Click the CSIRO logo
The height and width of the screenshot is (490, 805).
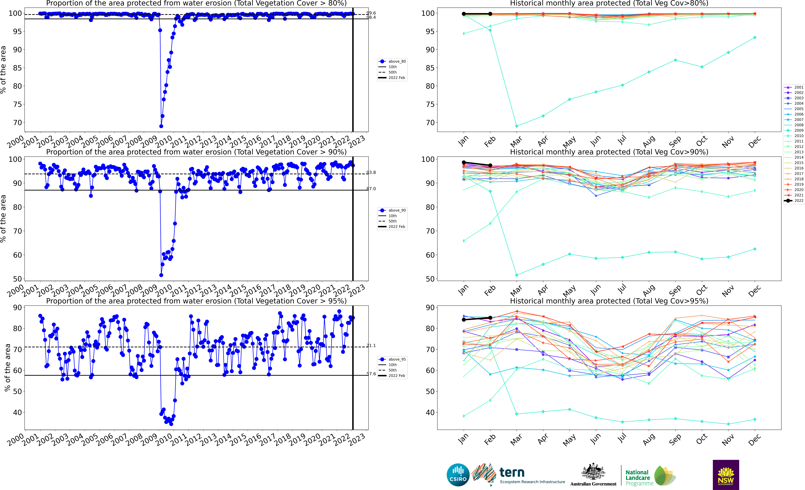(x=458, y=475)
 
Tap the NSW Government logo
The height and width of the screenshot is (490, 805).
(x=726, y=475)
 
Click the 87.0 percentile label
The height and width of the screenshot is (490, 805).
(x=371, y=189)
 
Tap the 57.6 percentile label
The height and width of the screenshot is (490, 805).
(x=371, y=374)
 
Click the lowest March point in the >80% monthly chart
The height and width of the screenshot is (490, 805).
(x=517, y=126)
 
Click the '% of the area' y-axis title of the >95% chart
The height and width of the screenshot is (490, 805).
(x=7, y=368)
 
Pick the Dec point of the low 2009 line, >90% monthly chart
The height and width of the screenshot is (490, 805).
(x=755, y=249)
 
